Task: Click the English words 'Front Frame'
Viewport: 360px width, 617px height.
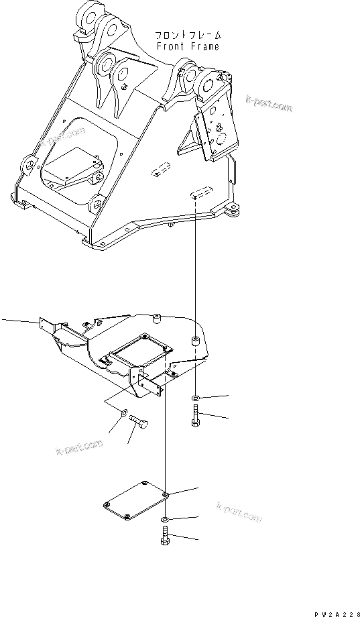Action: pos(187,47)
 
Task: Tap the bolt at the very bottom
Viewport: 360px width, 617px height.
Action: pos(165,538)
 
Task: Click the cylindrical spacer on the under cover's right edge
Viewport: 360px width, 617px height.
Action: pos(194,341)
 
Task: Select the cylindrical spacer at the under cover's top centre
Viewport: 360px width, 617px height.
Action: pos(156,317)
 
